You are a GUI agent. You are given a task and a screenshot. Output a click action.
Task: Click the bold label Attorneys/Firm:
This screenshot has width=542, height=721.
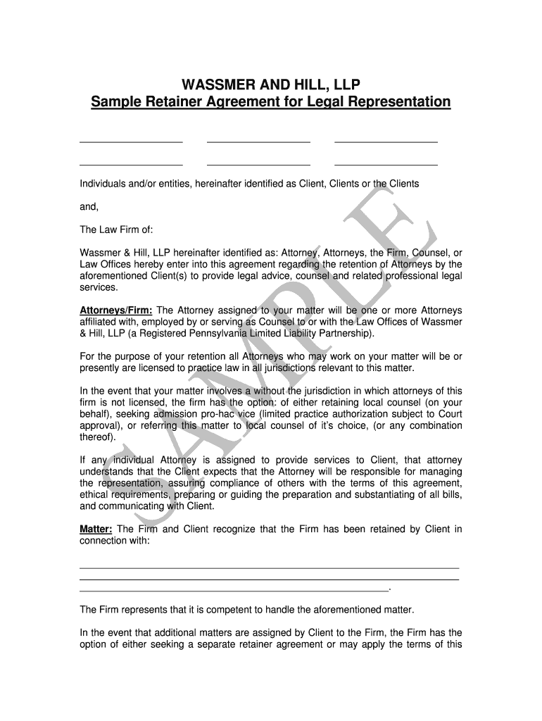tap(116, 311)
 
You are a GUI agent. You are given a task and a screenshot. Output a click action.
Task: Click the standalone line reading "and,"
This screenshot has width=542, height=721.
tap(89, 207)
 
